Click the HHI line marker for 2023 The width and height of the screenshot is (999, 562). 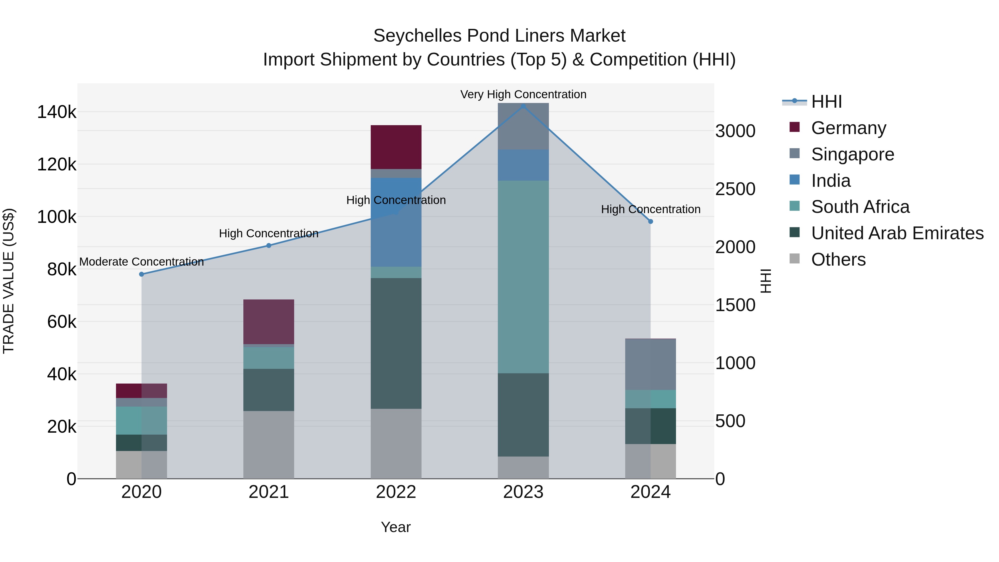[x=523, y=106]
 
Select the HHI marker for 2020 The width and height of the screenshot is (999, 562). [x=142, y=274]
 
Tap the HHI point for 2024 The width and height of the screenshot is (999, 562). [x=651, y=221]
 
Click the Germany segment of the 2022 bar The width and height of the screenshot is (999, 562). [x=396, y=147]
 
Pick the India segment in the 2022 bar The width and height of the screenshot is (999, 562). [x=396, y=222]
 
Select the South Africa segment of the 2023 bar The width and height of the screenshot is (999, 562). [x=523, y=277]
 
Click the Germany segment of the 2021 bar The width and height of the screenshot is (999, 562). [x=269, y=322]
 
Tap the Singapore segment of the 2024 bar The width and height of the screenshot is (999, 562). [x=651, y=364]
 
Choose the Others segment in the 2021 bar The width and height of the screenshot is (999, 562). [x=269, y=445]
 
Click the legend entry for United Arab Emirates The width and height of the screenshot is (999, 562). [x=897, y=233]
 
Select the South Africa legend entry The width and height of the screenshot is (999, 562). [x=860, y=207]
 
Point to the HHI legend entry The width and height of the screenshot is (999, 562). [x=826, y=102]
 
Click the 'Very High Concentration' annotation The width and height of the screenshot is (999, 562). [x=523, y=94]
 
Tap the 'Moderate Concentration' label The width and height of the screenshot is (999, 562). [x=142, y=262]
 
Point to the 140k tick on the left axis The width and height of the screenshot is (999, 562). [x=57, y=112]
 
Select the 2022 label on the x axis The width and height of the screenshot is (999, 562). [x=396, y=492]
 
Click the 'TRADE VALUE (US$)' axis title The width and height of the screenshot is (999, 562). [x=9, y=281]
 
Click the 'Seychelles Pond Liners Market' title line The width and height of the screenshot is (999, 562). [x=499, y=36]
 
